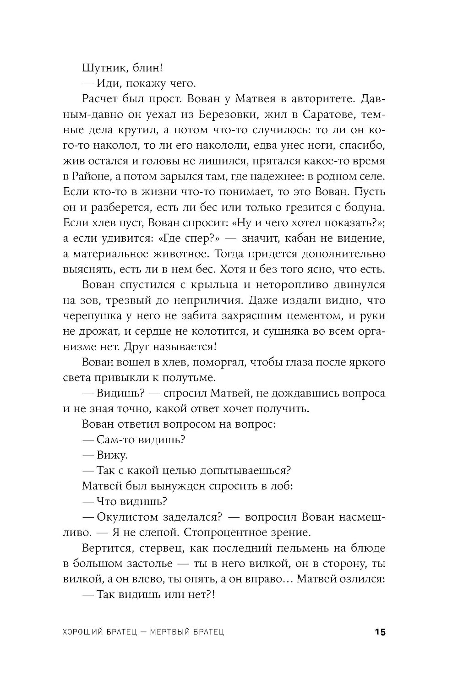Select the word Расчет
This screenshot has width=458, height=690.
pyautogui.click(x=102, y=99)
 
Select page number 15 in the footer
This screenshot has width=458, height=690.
pyautogui.click(x=380, y=632)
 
